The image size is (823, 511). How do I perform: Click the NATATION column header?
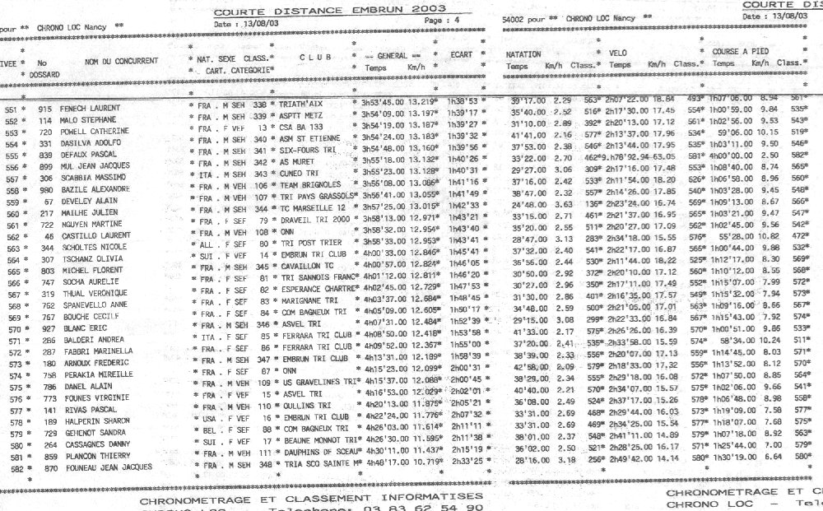click(x=523, y=53)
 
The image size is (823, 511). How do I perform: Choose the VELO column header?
click(x=620, y=53)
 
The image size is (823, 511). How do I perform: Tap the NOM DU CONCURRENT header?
click(x=121, y=61)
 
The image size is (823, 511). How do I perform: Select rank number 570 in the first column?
click(x=12, y=329)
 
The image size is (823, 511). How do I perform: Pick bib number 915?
click(x=45, y=109)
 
